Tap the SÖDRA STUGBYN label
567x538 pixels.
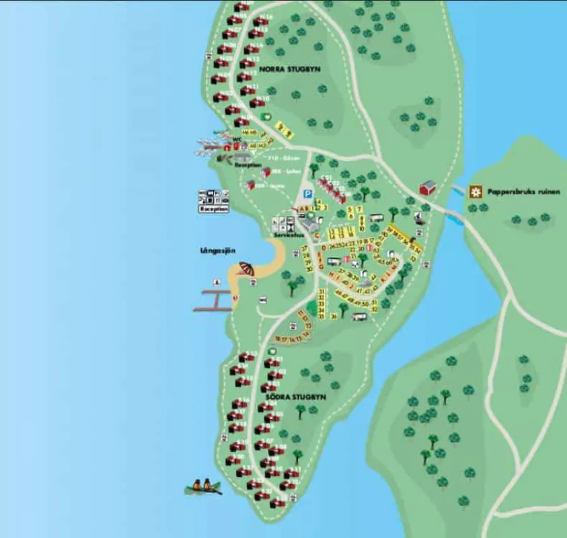click(295, 397)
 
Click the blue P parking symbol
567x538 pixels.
click(307, 194)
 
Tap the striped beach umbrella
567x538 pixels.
click(246, 268)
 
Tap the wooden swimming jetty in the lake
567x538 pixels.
click(214, 300)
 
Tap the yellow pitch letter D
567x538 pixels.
click(324, 247)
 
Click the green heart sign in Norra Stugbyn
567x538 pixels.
click(265, 116)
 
